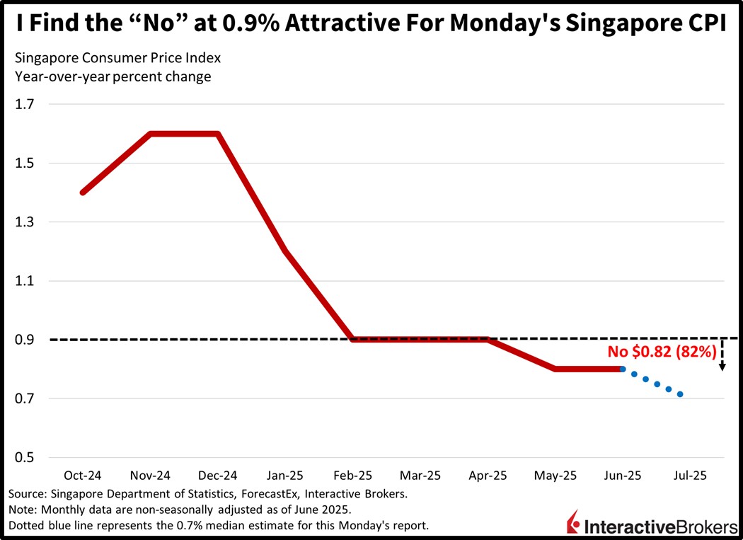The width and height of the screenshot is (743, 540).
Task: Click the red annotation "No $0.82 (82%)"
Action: [x=663, y=350]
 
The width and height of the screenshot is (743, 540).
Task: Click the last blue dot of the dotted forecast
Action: [x=680, y=394]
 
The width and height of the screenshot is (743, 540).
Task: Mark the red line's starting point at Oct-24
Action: [x=83, y=192]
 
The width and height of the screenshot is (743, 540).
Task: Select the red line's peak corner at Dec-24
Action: [x=218, y=134]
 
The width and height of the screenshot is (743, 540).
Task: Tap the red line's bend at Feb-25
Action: [x=352, y=340]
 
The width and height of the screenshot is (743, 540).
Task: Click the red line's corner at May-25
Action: [x=555, y=369]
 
